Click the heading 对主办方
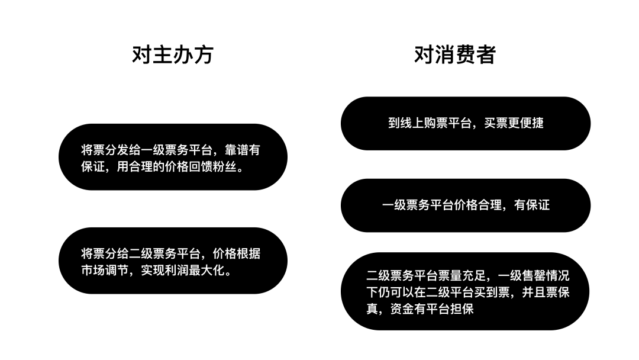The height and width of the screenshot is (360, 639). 173,54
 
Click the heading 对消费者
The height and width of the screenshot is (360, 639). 455,54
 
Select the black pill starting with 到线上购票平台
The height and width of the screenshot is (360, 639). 466,123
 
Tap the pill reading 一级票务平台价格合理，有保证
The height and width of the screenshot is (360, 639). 466,205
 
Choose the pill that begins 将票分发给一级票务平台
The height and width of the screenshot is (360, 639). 173,157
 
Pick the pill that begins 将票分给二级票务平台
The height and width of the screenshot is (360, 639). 173,261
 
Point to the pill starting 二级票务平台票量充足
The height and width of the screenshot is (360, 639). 465,291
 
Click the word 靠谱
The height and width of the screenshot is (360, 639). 236,150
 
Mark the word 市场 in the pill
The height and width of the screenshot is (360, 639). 93,271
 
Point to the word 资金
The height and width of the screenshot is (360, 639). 402,309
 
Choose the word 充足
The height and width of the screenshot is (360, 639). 473,276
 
